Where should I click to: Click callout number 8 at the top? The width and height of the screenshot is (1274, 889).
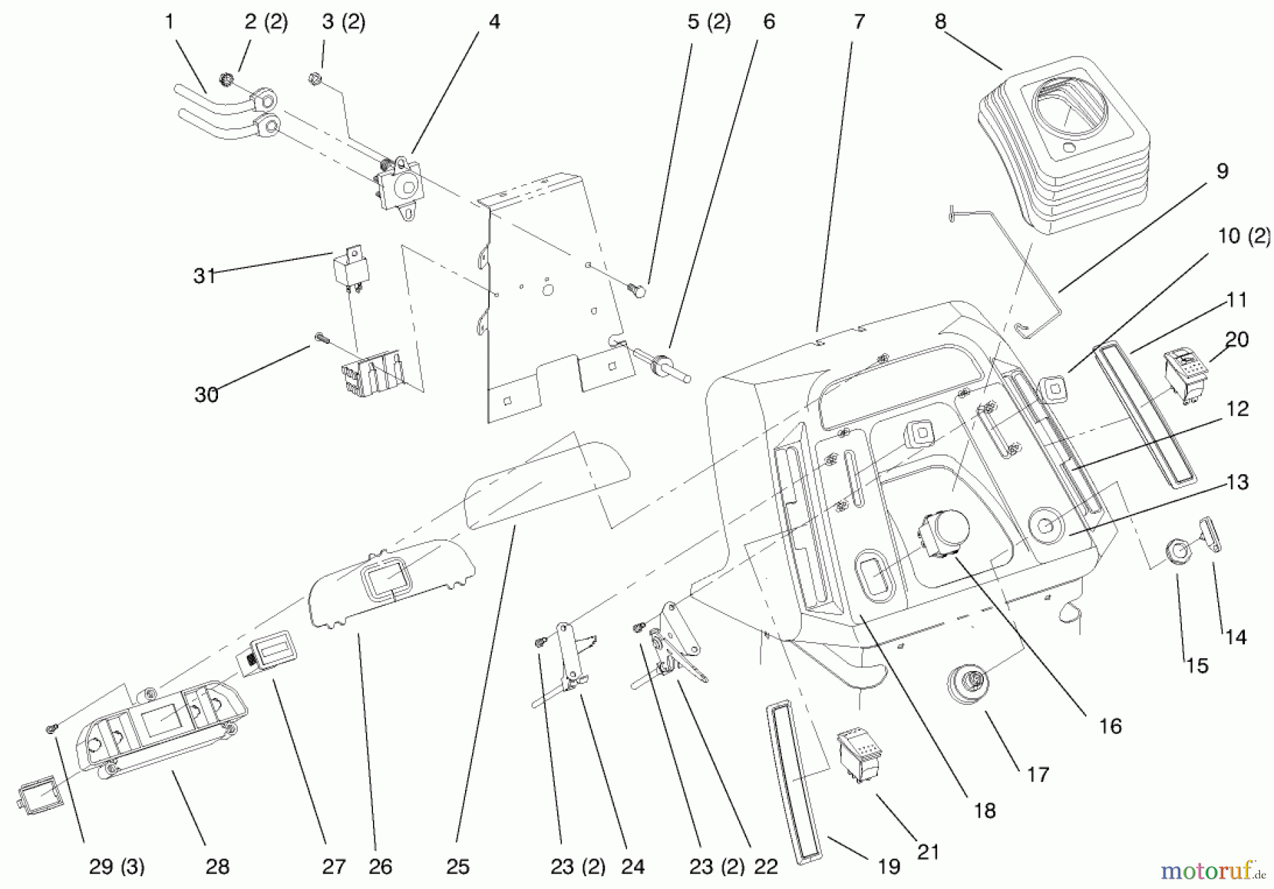click(940, 22)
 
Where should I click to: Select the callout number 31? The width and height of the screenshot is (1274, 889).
click(205, 275)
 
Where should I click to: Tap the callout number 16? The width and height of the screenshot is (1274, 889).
click(1111, 725)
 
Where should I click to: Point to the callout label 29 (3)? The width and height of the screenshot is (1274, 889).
click(117, 866)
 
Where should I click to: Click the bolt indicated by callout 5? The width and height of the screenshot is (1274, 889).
click(636, 289)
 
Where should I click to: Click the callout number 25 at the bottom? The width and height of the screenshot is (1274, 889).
click(458, 866)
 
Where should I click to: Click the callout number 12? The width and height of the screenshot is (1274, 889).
click(1237, 409)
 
